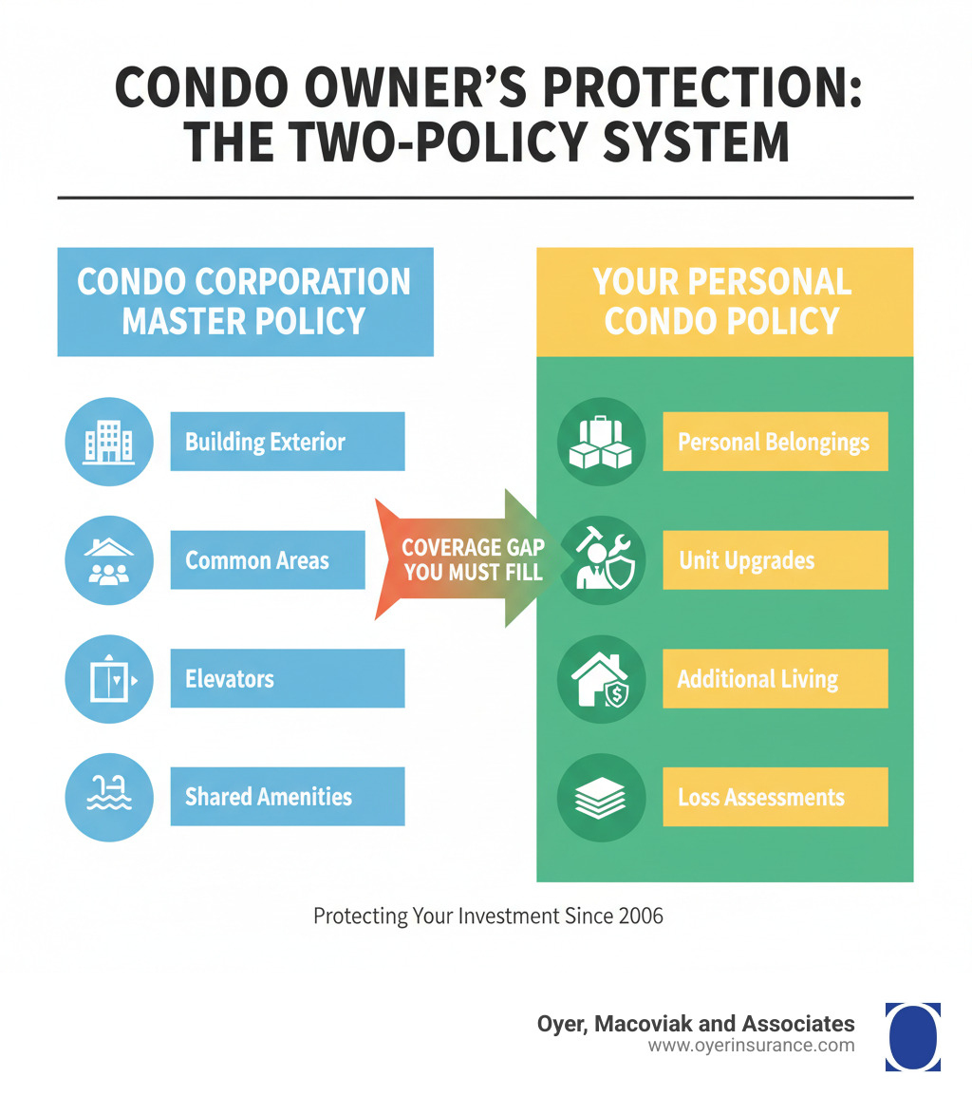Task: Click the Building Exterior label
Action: pos(287,442)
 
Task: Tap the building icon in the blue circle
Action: pos(109,442)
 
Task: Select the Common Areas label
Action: pos(267,560)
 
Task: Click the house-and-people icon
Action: pos(109,560)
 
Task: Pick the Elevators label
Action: pos(287,679)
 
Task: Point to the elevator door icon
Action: pos(109,679)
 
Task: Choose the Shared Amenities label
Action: pos(287,797)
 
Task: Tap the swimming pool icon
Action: pos(109,797)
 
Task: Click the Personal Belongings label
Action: pos(775,442)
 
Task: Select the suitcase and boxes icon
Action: pos(601,442)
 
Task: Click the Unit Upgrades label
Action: pos(775,560)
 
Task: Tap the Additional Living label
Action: pos(775,679)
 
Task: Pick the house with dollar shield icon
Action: pos(601,679)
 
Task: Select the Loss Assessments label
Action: pos(775,797)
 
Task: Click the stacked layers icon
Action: pos(601,797)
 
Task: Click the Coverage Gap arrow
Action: pos(465,560)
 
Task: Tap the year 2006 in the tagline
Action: pos(642,917)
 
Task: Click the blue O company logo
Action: pos(912,1036)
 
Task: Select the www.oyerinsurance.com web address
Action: pos(751,1047)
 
